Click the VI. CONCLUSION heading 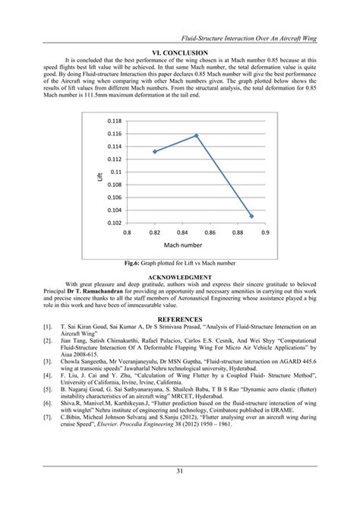pos(179,51)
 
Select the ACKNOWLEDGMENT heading pos(179,277)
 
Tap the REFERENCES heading pos(179,319)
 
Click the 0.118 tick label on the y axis pos(114,121)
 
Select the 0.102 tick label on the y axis pos(114,223)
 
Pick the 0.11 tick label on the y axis pos(116,172)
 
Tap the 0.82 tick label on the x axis pos(154,232)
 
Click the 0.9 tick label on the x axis pos(266,232)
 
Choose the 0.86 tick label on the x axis pos(210,232)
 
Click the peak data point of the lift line pos(196,136)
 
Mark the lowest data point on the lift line pos(252,216)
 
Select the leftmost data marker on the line pos(154,151)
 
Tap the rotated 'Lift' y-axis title pos(99,176)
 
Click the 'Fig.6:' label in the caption pos(134,263)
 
